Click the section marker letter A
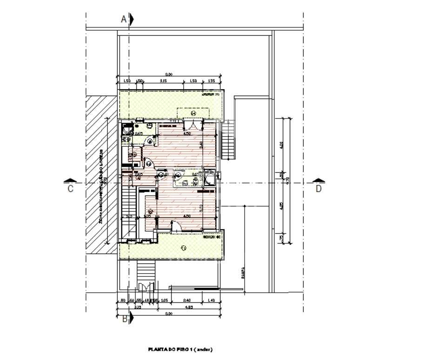tap(124, 19)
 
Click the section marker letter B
tap(125, 319)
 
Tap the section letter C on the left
tap(70, 189)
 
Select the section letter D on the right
tap(319, 189)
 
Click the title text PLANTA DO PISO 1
tap(180, 349)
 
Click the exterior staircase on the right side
tap(229, 139)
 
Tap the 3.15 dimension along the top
tap(164, 81)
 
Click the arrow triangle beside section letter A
tap(133, 19)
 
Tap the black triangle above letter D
tap(318, 180)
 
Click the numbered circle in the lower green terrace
tap(183, 249)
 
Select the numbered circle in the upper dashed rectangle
tap(194, 112)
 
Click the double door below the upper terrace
tap(193, 124)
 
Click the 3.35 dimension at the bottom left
tap(125, 307)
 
